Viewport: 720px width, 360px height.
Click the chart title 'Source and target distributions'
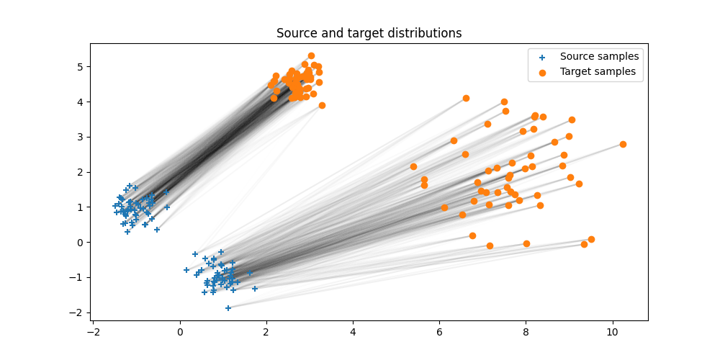pyautogui.click(x=369, y=33)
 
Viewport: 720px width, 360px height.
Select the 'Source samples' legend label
pyautogui.click(x=599, y=56)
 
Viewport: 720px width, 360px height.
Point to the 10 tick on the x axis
pyautogui.click(x=613, y=321)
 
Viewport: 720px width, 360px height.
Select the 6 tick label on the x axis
pyautogui.click(x=439, y=332)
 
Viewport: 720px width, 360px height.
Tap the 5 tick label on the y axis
pyautogui.click(x=81, y=66)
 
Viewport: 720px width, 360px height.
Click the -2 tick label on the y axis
pyautogui.click(x=77, y=312)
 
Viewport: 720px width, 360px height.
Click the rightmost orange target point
pyautogui.click(x=623, y=144)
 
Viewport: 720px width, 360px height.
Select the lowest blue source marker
pyautogui.click(x=228, y=307)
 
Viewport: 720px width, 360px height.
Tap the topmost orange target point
pyautogui.click(x=311, y=55)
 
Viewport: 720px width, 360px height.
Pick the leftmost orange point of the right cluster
pyautogui.click(x=413, y=166)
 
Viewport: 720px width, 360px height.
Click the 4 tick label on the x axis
pyautogui.click(x=353, y=332)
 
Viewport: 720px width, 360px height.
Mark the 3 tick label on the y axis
pyautogui.click(x=81, y=137)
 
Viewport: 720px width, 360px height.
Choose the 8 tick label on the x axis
pyautogui.click(x=526, y=332)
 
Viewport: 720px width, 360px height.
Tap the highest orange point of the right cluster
pyautogui.click(x=466, y=98)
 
